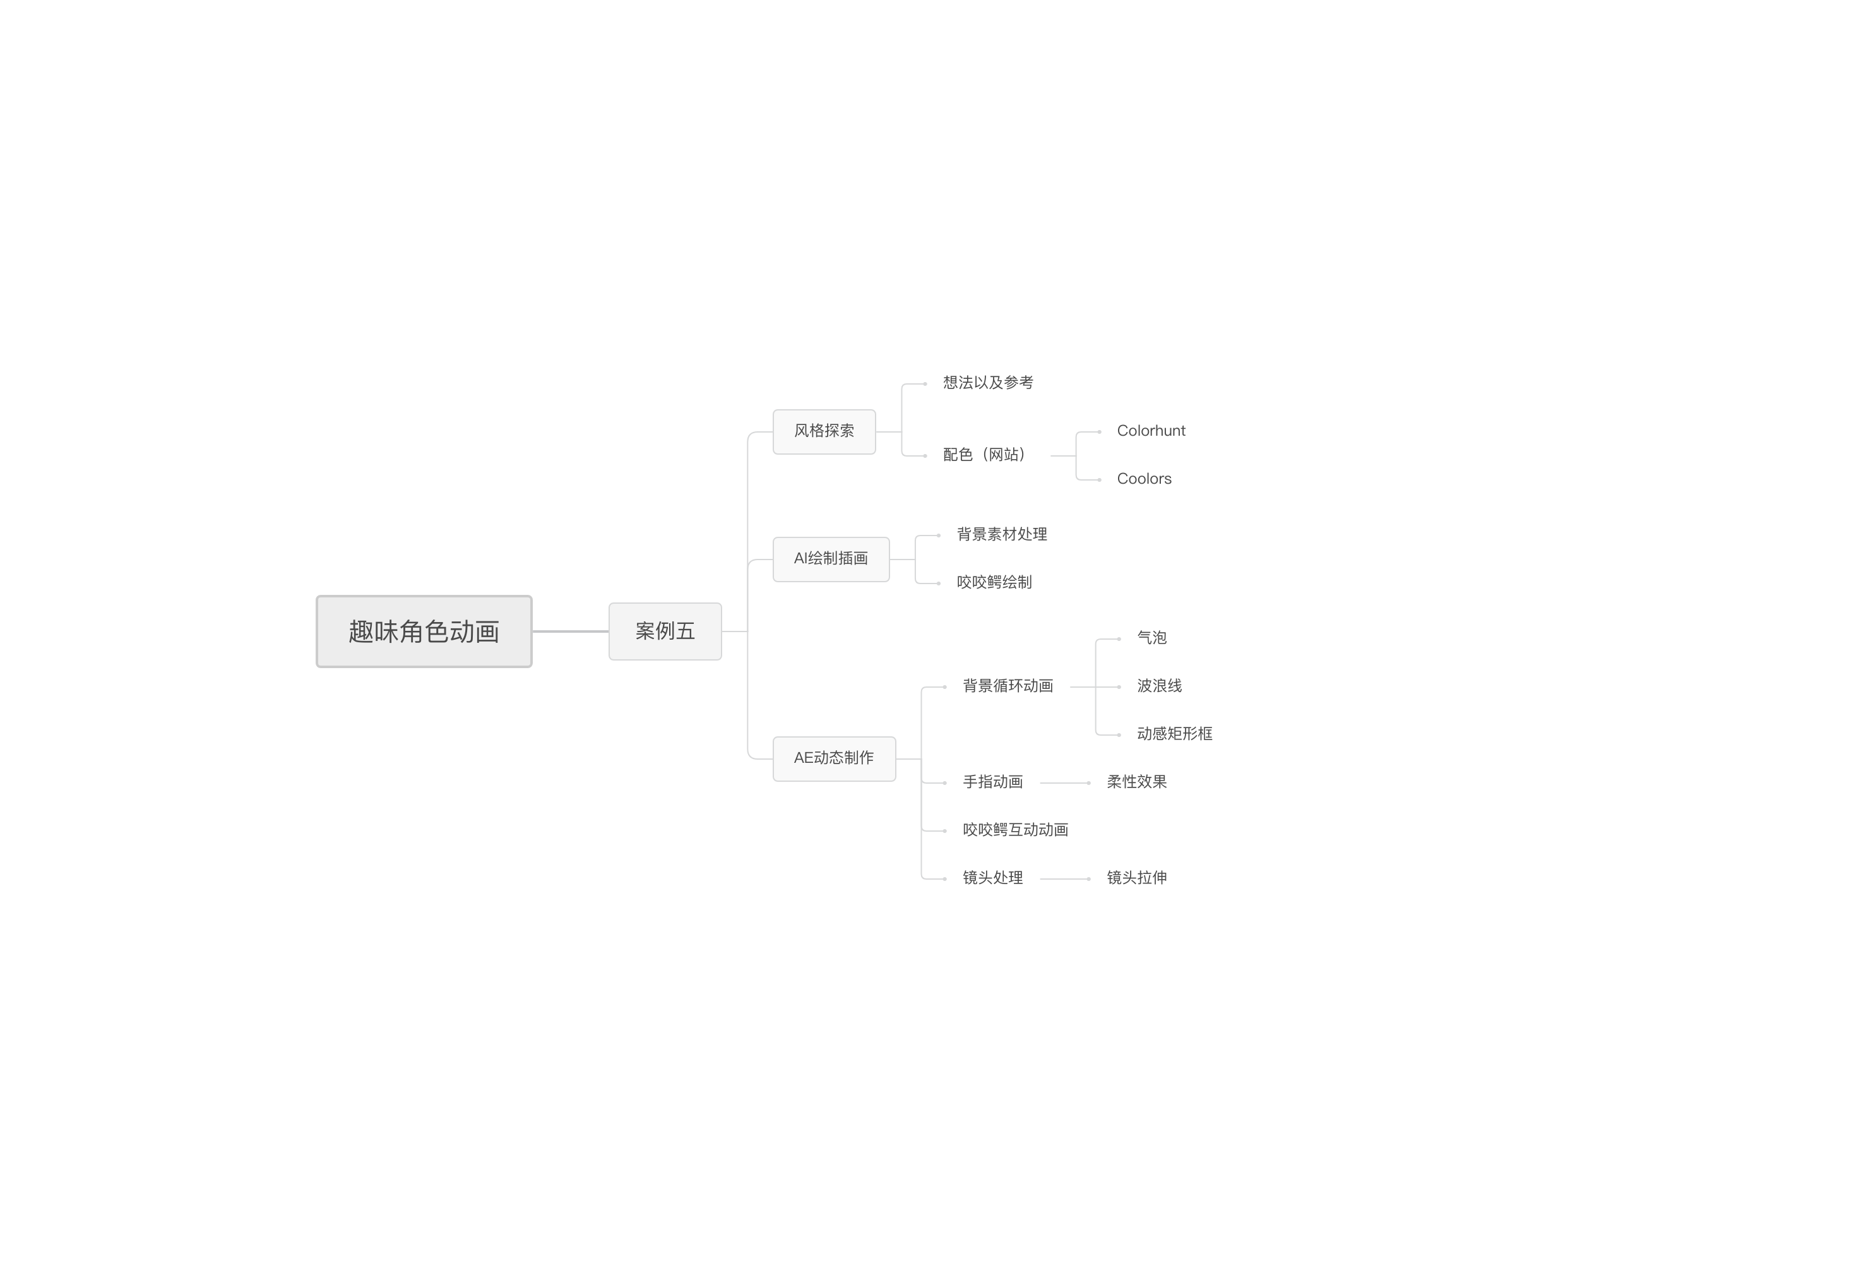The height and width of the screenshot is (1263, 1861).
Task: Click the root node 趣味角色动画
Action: tap(424, 631)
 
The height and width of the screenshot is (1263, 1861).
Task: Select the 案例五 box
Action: tap(665, 631)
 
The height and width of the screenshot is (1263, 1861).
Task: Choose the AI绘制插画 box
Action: tap(830, 558)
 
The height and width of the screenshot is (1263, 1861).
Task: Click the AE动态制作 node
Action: tap(834, 758)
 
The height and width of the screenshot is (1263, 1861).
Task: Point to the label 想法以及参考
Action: tap(987, 383)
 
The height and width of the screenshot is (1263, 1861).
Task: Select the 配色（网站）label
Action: tap(985, 455)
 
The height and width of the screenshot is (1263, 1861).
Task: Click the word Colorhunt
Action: tap(1151, 431)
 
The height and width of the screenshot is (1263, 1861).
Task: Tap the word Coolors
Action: tap(1143, 479)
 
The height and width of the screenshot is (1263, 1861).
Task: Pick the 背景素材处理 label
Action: tap(1002, 534)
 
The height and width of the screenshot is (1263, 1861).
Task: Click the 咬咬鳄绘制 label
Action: tap(994, 582)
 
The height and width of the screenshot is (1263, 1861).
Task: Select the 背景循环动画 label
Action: tap(1008, 686)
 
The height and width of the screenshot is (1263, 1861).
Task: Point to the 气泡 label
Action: tap(1151, 638)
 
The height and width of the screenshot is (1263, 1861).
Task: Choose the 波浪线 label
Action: tap(1159, 686)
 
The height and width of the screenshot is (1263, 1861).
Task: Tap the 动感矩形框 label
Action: tap(1174, 734)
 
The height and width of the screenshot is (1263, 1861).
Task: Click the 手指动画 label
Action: tap(992, 782)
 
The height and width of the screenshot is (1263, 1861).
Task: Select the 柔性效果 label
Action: tap(1136, 782)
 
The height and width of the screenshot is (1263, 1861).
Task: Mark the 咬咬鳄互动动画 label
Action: tap(1015, 830)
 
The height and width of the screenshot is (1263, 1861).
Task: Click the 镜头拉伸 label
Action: tap(1136, 878)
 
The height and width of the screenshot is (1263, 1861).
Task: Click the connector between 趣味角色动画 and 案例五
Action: tap(570, 631)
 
